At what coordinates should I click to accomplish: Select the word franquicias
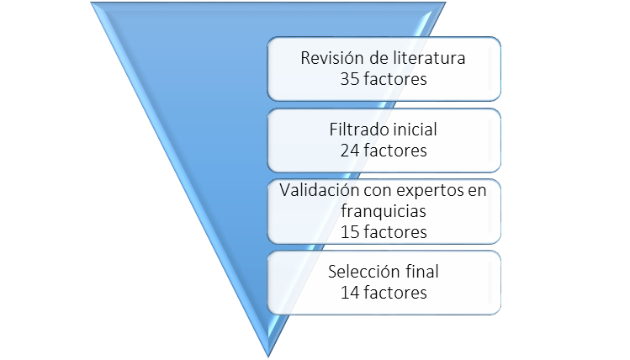[x=384, y=211]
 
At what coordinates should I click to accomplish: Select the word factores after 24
[x=395, y=151]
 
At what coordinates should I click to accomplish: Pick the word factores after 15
[x=395, y=231]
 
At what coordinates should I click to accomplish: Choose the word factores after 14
[x=395, y=293]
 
